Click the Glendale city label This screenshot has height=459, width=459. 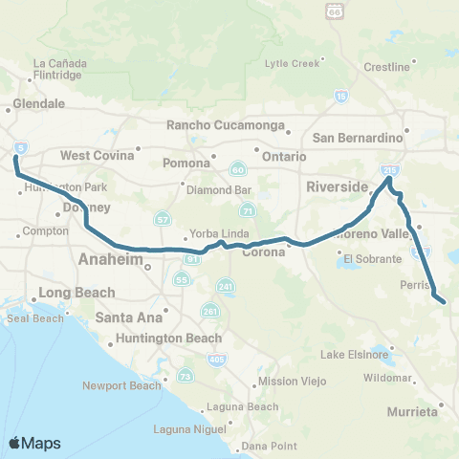39,103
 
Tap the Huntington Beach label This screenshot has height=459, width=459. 167,338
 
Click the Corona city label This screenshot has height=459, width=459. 264,253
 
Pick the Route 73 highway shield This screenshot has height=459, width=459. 185,378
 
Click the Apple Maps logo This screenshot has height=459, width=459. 34,443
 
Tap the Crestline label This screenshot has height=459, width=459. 386,67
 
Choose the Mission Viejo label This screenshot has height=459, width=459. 293,382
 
